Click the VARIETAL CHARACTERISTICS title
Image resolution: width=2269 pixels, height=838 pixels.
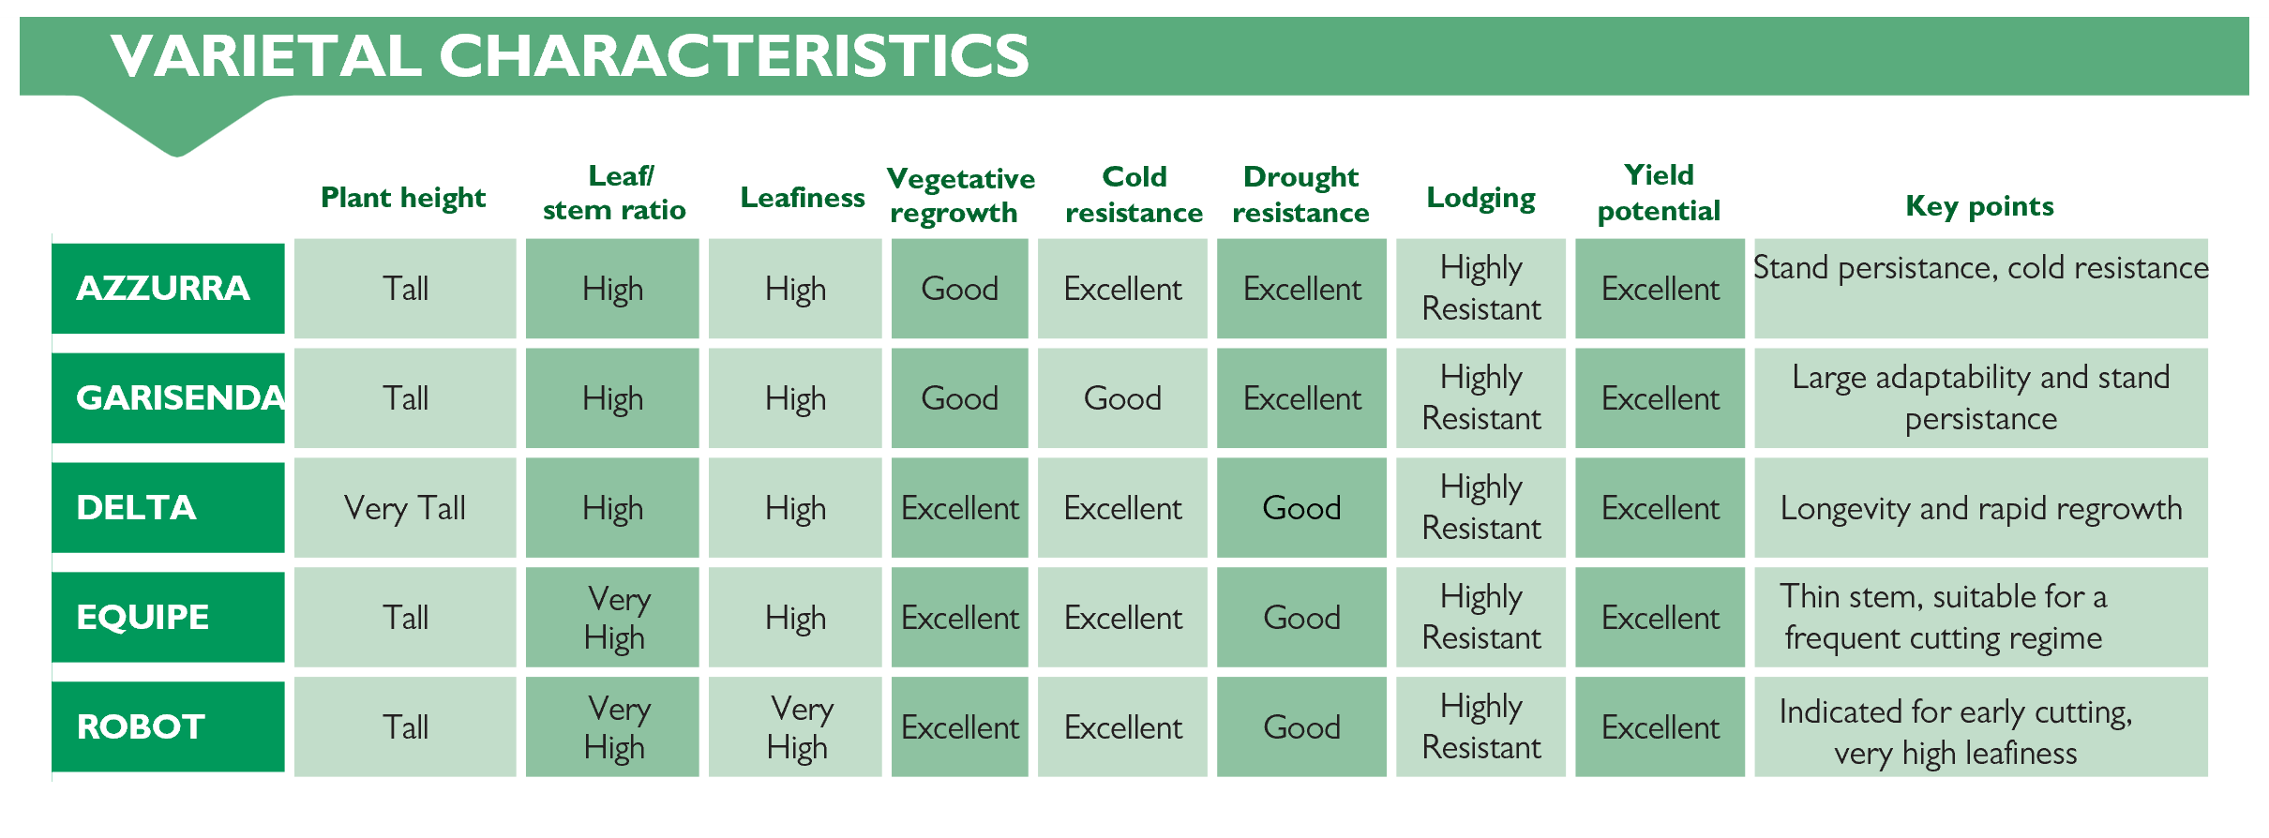[570, 55]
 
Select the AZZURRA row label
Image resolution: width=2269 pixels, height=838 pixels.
[168, 288]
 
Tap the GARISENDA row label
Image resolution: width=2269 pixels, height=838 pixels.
[168, 397]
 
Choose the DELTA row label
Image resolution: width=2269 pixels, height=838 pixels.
[168, 507]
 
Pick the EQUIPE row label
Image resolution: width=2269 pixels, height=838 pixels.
[168, 617]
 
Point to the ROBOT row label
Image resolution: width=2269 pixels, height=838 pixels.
[168, 726]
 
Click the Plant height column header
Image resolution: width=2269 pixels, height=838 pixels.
[403, 198]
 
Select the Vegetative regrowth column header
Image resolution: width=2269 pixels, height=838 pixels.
[960, 195]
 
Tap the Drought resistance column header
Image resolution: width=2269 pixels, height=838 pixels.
[1300, 194]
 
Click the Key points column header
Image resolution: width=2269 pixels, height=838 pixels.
[1979, 206]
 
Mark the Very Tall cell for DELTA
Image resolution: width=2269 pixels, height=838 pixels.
[405, 507]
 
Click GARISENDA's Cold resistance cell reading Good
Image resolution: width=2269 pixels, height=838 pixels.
[1122, 397]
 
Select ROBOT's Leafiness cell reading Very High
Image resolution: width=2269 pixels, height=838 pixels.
[795, 726]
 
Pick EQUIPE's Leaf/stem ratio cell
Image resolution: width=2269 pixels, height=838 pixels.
[612, 617]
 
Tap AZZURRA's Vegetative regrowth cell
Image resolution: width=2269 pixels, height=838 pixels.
[959, 288]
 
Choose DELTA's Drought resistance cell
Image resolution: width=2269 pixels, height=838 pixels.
[1301, 507]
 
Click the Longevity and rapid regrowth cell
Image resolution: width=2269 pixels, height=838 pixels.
[1981, 507]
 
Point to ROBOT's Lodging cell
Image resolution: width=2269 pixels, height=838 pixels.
[1481, 726]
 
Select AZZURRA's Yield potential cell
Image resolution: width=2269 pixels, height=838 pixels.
[1660, 288]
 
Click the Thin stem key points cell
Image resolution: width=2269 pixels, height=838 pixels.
[1981, 617]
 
